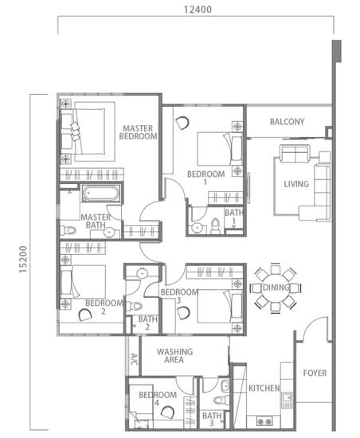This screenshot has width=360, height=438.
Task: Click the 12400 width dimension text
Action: (198, 10)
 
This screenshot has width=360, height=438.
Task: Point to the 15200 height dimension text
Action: (23, 260)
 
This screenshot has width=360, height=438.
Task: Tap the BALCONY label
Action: (287, 122)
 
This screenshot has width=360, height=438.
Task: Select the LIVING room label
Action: (296, 184)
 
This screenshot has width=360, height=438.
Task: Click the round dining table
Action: (276, 287)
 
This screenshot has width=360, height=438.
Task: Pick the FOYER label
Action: (315, 373)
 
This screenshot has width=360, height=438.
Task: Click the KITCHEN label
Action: (264, 388)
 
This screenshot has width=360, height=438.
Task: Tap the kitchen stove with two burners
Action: (264, 420)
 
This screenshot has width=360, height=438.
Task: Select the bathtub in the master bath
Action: (101, 193)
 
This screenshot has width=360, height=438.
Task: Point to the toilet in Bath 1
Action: (215, 226)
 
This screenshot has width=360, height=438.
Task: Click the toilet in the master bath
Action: (68, 230)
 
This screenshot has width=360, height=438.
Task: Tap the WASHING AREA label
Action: (174, 356)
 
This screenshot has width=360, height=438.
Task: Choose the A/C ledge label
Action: (134, 359)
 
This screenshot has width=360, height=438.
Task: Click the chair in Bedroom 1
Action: (182, 123)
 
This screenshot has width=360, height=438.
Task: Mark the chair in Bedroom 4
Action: (168, 412)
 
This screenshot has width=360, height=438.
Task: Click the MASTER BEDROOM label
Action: (138, 132)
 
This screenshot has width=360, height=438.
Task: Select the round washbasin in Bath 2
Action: (142, 273)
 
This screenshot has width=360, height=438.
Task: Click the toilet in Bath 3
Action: (221, 401)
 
